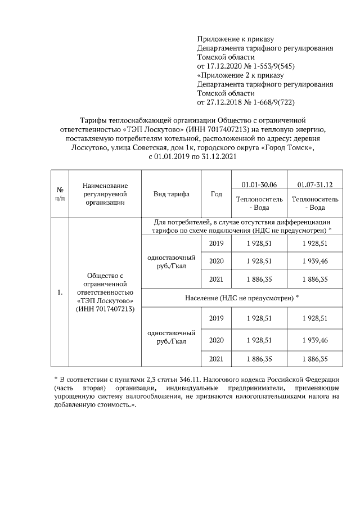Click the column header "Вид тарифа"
172,194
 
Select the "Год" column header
216,194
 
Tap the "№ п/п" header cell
60,194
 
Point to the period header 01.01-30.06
259,184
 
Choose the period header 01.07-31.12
315,184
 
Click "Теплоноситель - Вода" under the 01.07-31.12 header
315,203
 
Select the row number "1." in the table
60,293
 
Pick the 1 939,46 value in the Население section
315,340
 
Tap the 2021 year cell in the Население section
216,358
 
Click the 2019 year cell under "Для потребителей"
216,243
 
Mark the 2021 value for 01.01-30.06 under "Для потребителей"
259,279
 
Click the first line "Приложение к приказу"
235,39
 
